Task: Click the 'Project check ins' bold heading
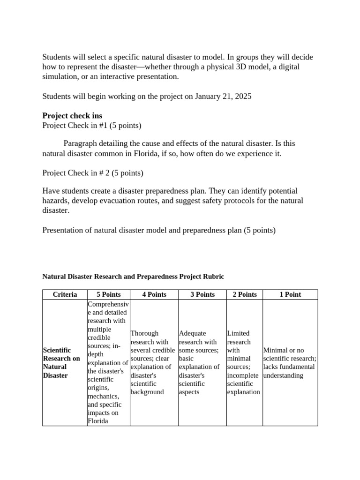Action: [x=72, y=115]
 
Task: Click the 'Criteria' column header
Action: [x=65, y=294]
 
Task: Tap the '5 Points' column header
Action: [x=108, y=294]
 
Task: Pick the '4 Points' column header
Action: [x=154, y=294]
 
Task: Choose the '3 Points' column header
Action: [x=202, y=294]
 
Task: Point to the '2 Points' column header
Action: [x=244, y=294]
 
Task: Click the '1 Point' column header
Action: [x=290, y=294]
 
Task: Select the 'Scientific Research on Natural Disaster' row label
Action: [x=61, y=363]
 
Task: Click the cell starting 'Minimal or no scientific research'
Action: [x=290, y=363]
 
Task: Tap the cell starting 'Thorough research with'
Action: [x=153, y=362]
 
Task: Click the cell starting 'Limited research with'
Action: [x=243, y=362]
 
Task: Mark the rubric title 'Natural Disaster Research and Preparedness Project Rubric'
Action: [x=133, y=277]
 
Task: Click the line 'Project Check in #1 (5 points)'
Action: [x=92, y=125]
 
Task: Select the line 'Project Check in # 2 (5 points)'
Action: [x=93, y=173]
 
